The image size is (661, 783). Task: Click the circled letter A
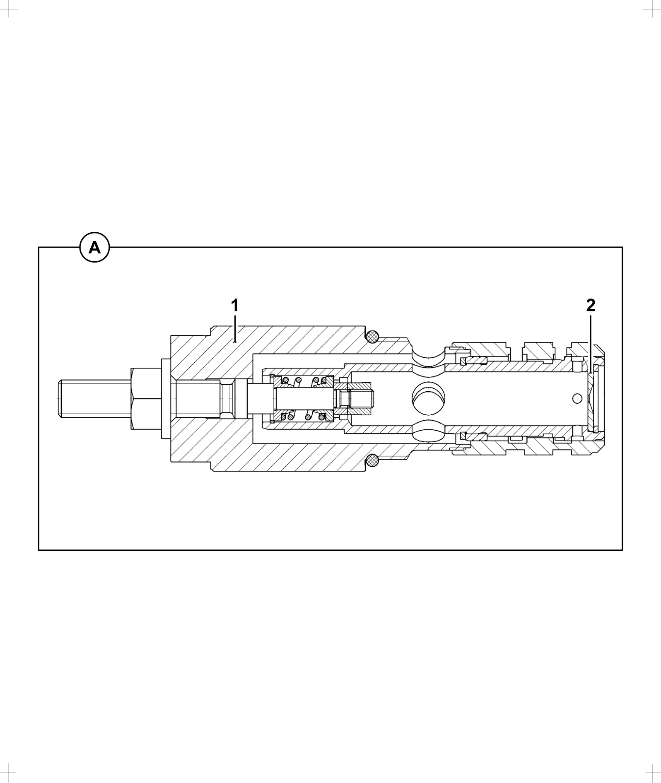point(95,248)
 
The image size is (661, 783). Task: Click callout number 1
point(234,306)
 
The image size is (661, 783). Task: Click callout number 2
point(591,306)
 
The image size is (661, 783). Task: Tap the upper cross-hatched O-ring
point(372,337)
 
